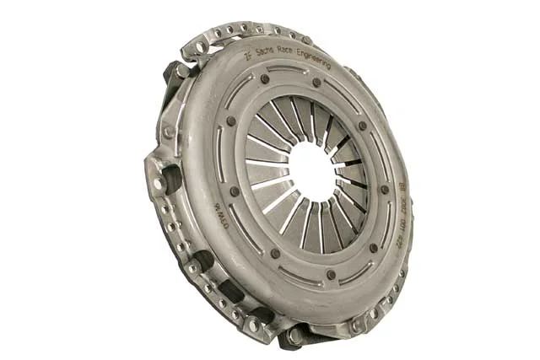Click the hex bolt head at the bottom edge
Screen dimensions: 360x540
[x=294, y=336]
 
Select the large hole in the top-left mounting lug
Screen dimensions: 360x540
[x=199, y=47]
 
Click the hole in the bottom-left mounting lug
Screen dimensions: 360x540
[x=252, y=323]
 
